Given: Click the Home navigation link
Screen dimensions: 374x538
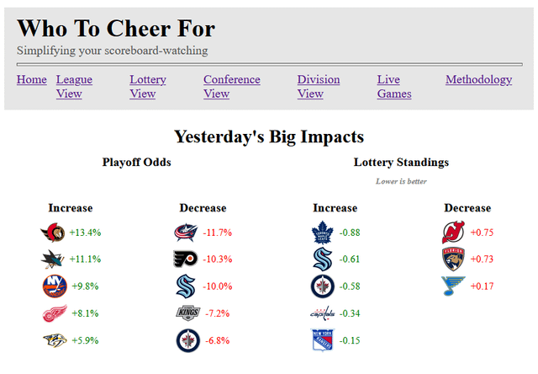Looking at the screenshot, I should coord(31,80).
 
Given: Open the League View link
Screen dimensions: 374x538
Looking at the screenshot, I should coord(74,87).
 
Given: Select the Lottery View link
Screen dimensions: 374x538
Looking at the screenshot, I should coord(147,87).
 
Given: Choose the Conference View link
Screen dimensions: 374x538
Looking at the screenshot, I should coord(231,87).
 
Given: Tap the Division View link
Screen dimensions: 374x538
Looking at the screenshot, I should coord(318,87).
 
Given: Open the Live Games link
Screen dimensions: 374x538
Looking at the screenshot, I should coord(393,87).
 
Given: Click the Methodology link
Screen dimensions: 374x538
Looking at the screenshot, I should coord(478,80).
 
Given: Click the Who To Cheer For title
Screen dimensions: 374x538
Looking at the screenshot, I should coord(116,29).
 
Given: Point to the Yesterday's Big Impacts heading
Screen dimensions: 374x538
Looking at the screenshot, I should coord(269,136).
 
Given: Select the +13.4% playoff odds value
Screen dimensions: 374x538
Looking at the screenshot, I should coord(85,232).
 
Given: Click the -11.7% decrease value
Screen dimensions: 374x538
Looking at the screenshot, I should coord(219,232).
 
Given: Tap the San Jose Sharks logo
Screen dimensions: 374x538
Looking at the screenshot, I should coord(52,259).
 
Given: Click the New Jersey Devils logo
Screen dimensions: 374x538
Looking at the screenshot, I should coord(453,232).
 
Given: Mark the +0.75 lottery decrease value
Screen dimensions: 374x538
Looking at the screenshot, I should coord(482,232).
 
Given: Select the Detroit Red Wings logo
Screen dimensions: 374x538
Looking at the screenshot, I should coord(52,313).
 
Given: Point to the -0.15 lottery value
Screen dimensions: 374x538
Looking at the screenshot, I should coord(349,340).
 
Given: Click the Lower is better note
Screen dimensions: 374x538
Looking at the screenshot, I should coord(401,181).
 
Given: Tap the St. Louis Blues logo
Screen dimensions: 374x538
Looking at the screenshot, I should coord(453,286).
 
